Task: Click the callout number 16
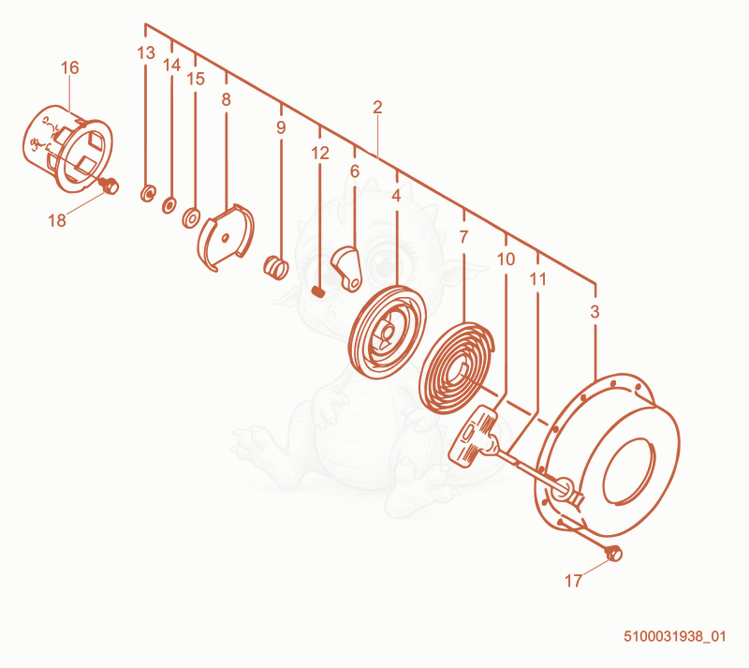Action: tap(69, 67)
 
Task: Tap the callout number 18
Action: tap(57, 220)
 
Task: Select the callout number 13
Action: tap(146, 53)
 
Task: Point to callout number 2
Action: tap(377, 107)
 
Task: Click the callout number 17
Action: tap(573, 581)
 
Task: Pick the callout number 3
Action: tap(595, 312)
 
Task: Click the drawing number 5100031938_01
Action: tap(674, 636)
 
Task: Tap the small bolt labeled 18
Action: tap(110, 186)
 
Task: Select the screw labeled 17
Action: tap(614, 554)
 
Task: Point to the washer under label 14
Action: tap(169, 205)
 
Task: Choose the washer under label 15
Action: tap(191, 217)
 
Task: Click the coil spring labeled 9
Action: tap(275, 267)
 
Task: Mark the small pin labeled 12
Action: tap(318, 290)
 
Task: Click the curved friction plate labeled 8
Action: tap(226, 237)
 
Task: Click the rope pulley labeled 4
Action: tap(387, 332)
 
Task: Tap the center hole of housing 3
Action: tap(628, 471)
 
